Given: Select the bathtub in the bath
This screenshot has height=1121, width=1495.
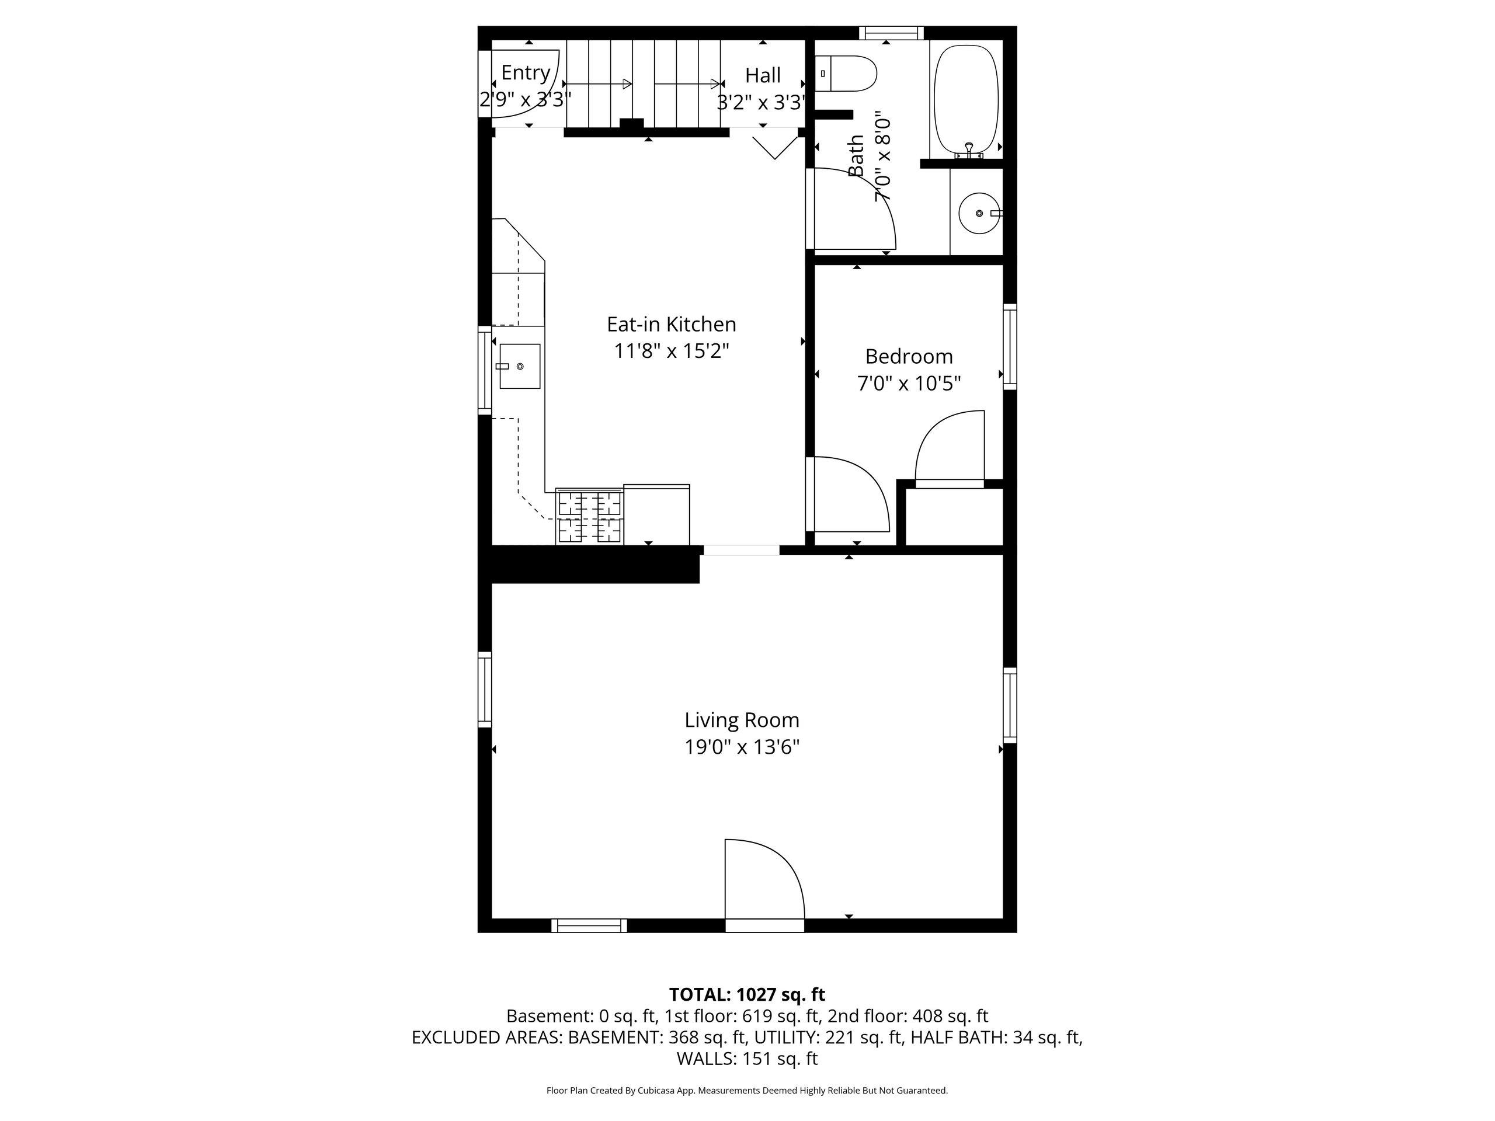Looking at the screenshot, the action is pos(966,100).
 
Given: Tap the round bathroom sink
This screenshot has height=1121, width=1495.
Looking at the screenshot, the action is pos(979,213).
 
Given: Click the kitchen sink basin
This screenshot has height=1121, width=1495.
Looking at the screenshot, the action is pos(520,366).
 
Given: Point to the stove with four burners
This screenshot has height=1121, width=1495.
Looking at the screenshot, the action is pos(589,516).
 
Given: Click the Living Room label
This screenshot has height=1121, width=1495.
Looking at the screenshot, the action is pos(742,720).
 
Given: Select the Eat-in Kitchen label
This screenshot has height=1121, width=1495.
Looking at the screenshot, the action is pos(671,325).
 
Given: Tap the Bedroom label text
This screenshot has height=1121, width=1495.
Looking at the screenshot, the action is pos(909,356).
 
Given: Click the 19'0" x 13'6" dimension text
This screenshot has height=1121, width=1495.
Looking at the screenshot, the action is pos(742,747).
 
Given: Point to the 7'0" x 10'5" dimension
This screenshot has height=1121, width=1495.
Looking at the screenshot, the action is pos(909,384).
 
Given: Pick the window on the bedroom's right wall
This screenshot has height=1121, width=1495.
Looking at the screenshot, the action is pos(1010,347).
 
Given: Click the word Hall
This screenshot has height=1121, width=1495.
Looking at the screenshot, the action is pos(763,75).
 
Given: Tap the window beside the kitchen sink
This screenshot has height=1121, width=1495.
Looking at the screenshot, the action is pos(485,370).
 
